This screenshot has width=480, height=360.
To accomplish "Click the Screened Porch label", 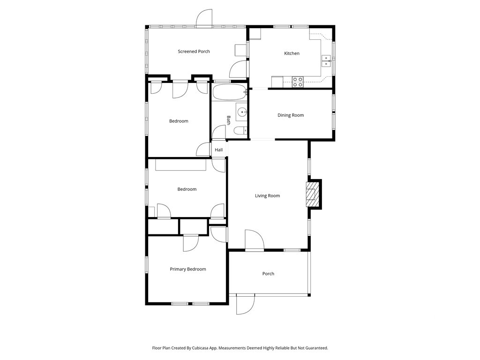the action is coord(194,52).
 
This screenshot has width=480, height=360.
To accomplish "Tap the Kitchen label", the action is coord(292,53).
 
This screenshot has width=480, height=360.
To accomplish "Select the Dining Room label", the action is coord(291,115).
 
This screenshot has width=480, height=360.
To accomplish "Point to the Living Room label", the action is coord(267,195).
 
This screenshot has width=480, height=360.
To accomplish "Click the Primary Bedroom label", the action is coord(187,269).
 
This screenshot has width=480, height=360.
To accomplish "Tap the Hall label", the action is coord(218,150).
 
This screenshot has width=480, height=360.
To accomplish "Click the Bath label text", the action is coord(228,120).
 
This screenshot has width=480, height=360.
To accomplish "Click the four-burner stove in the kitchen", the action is coord(298,82).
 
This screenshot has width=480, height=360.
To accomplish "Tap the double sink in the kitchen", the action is coord(326,60).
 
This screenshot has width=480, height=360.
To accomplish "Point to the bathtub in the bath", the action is coord(229,92).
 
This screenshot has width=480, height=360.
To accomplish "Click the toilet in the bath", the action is coord(240,131).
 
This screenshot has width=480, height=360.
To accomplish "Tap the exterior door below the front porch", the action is coord(246,304).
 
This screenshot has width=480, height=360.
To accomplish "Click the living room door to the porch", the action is coord(255,240).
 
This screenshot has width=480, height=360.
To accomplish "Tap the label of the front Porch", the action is coord(268,274).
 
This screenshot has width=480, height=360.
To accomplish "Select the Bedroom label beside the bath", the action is coord(179,121).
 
